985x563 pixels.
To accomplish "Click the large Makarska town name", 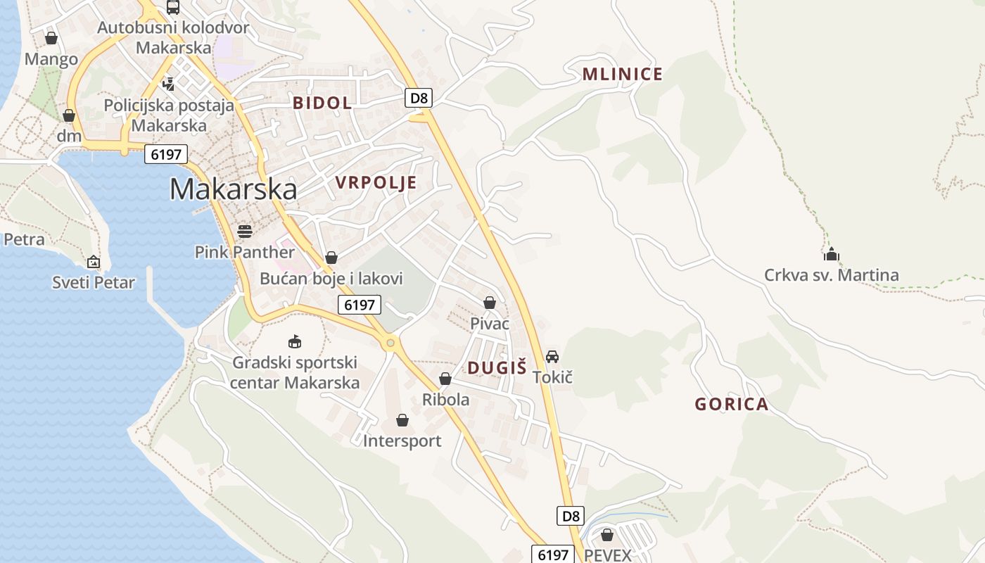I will click(x=233, y=189).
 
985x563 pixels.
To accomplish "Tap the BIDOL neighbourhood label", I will click(x=322, y=103).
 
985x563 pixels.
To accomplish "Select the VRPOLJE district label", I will click(x=376, y=183).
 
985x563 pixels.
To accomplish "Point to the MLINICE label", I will click(x=623, y=75).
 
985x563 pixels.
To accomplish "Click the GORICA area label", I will click(x=731, y=405).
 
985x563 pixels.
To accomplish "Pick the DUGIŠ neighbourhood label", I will click(x=497, y=367).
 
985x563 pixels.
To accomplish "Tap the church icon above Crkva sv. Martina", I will click(x=832, y=254).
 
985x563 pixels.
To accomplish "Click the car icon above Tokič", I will click(x=552, y=357).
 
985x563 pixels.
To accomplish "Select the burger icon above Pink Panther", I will click(x=245, y=231).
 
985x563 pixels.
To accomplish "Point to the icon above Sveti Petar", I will click(x=94, y=262).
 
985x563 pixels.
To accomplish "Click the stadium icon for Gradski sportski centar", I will click(x=295, y=342).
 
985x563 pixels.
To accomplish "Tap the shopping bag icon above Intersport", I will click(x=402, y=420).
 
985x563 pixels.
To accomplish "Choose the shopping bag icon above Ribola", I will click(x=445, y=379).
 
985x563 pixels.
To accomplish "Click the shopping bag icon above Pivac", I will click(x=490, y=303).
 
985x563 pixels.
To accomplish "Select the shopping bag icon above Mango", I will click(x=51, y=38).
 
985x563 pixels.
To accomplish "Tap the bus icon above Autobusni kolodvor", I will click(x=173, y=7).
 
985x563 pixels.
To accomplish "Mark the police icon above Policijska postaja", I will click(x=168, y=84).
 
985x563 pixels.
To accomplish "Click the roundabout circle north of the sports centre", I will click(x=389, y=343).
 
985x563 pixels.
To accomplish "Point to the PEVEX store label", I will click(x=608, y=555).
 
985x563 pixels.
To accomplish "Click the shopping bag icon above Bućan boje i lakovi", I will click(x=331, y=258).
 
